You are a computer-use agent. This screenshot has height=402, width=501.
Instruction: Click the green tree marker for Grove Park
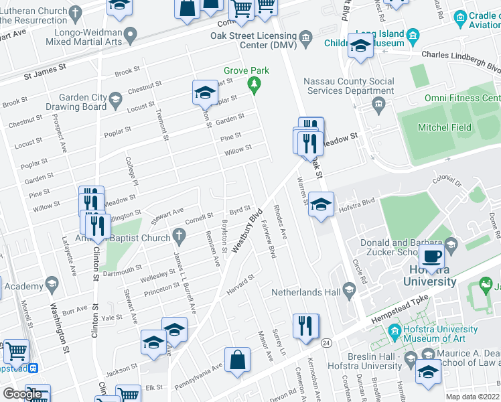tap(254, 84)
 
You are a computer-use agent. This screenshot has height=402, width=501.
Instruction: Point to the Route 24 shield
tap(326, 343)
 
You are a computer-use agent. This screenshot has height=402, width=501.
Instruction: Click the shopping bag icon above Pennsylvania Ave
tap(237, 360)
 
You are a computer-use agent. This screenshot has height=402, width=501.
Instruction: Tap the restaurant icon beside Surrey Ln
tap(306, 327)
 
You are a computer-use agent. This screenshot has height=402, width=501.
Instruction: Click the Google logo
tap(23, 394)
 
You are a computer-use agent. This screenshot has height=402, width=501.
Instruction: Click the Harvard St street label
tap(241, 283)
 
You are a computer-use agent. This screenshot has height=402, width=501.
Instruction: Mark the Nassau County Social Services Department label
tap(348, 86)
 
